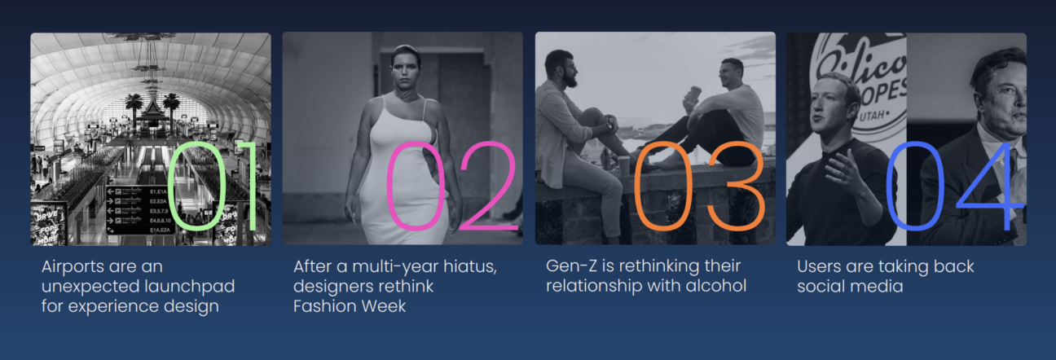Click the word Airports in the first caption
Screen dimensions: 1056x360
[73, 266]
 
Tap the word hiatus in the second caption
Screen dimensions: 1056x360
[470, 266]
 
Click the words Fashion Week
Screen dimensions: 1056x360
[350, 306]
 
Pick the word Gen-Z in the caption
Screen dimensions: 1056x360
[571, 266]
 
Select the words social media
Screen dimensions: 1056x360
[850, 287]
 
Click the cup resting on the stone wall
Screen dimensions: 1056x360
[623, 166]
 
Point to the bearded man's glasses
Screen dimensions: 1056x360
[570, 68]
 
